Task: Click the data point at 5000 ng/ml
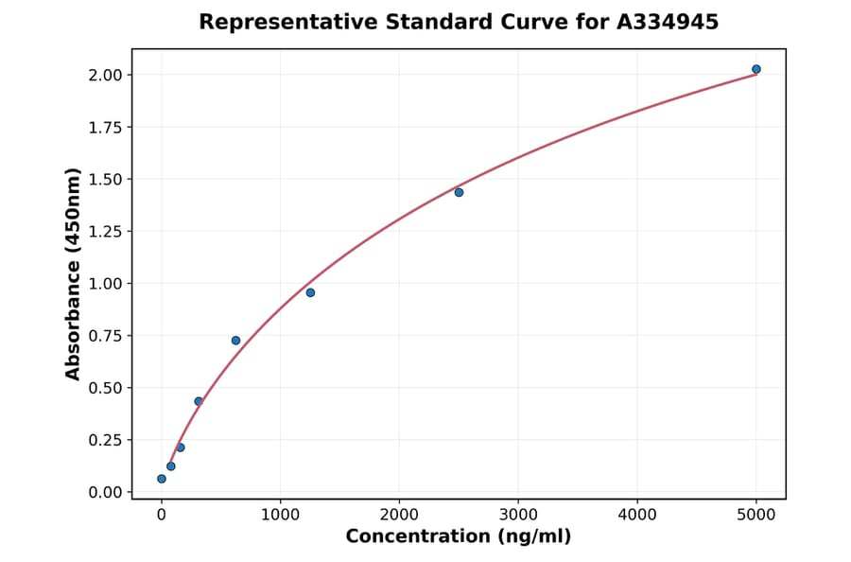coord(755,69)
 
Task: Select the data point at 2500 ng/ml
coord(459,192)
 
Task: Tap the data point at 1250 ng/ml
coord(310,292)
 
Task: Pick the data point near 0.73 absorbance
coord(235,341)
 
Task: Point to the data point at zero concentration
coord(162,479)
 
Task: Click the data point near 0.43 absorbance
coord(199,401)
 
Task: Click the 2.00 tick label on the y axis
coord(106,75)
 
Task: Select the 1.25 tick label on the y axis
coord(106,232)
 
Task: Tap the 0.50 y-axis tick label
coord(106,388)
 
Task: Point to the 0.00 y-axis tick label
coord(106,492)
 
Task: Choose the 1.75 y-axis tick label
coord(106,128)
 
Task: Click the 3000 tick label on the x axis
coord(518,515)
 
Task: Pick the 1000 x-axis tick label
coord(280,515)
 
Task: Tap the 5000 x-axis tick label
coord(755,515)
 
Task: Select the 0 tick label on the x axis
coord(162,515)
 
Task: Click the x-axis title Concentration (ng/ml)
coord(459,536)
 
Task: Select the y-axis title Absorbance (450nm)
coord(74,274)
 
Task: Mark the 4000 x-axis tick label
coord(636,515)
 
